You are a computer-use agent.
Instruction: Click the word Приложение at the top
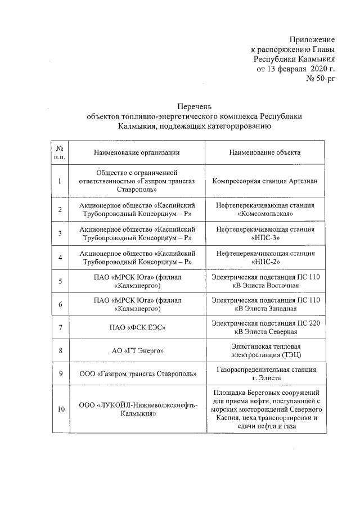click(x=312, y=39)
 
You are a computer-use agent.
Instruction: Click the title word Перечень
click(x=194, y=106)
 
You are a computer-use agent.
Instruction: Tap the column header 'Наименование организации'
click(x=137, y=152)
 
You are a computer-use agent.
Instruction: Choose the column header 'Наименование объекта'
click(x=264, y=152)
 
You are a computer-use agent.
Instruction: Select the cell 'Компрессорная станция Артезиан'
click(x=264, y=182)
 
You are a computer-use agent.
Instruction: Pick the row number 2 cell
click(x=60, y=210)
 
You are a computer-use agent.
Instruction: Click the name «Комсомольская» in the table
click(x=264, y=214)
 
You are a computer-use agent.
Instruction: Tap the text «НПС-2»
click(x=264, y=262)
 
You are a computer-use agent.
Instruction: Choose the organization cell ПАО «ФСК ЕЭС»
click(x=137, y=327)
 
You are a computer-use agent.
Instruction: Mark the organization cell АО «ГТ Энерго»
click(x=137, y=351)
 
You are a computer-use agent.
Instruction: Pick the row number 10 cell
click(x=60, y=409)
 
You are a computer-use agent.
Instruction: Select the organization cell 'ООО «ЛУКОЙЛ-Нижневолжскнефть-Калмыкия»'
click(x=137, y=409)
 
